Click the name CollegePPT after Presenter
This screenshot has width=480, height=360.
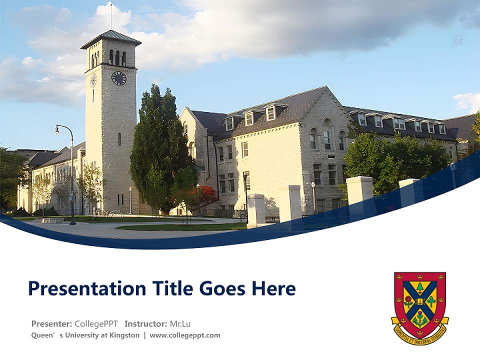[96, 323]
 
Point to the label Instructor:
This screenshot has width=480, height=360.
[146, 323]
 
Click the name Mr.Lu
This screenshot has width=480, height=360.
[180, 323]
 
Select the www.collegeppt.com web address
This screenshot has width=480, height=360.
[185, 335]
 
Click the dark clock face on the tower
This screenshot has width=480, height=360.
[118, 78]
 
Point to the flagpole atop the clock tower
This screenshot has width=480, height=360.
[111, 16]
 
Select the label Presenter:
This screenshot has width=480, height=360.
[51, 323]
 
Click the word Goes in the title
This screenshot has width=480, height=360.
[222, 288]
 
